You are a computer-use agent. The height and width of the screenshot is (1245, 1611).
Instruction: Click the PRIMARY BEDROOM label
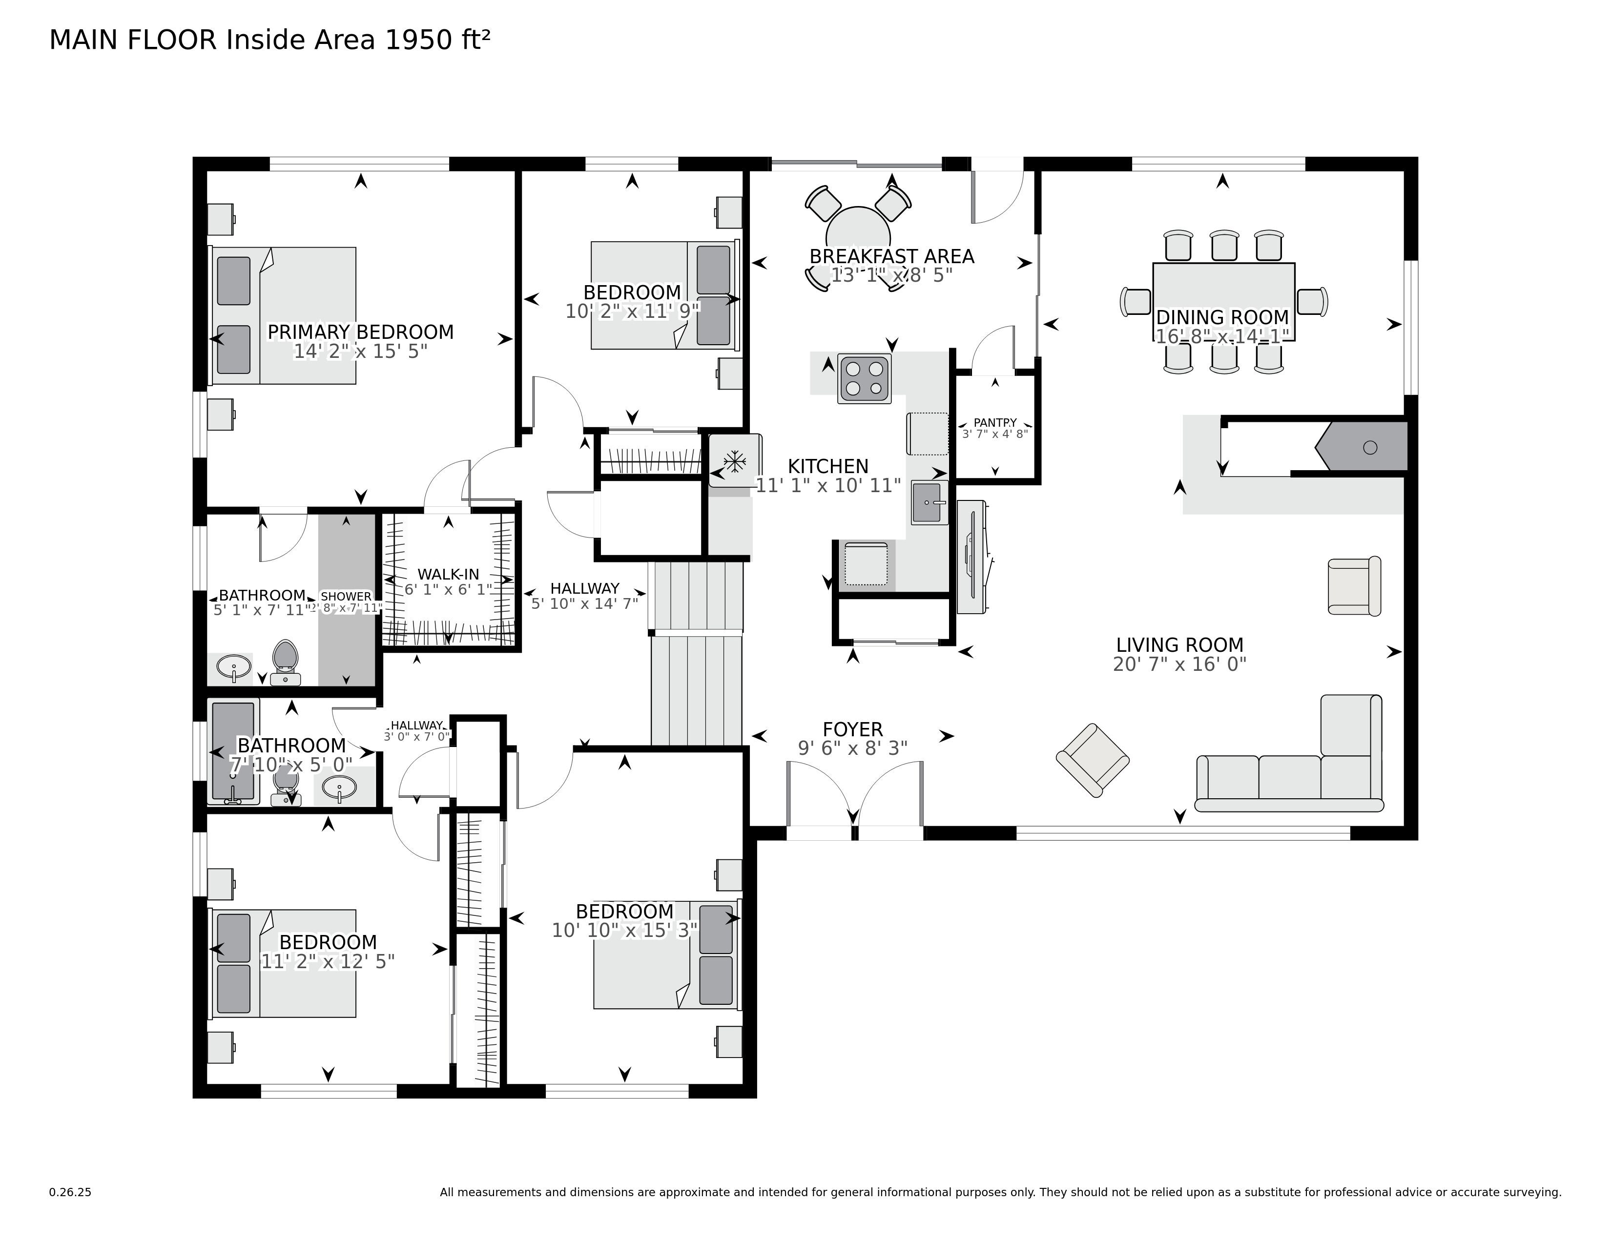tap(360, 332)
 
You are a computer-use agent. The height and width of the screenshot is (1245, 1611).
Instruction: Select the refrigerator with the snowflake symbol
tap(734, 461)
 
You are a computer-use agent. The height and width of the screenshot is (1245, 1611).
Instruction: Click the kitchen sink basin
tap(929, 502)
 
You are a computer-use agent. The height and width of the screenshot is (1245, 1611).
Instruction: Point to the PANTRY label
tap(994, 423)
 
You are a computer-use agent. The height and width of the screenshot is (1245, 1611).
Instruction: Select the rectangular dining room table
tap(1223, 293)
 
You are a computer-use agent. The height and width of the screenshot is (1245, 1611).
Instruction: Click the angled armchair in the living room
tap(1093, 760)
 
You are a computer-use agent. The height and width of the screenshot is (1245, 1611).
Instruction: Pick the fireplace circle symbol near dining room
tap(1370, 447)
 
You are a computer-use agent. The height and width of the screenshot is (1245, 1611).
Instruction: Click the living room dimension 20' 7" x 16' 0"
tap(1179, 664)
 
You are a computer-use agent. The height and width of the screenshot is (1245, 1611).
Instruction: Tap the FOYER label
tap(853, 729)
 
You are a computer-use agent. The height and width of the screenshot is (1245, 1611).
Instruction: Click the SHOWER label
tap(346, 596)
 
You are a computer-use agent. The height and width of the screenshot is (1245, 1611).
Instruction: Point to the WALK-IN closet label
tap(448, 574)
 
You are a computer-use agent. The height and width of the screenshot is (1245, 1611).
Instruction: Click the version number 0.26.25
tap(70, 1192)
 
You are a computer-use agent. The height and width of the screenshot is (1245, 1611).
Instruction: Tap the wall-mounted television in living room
tap(972, 558)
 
